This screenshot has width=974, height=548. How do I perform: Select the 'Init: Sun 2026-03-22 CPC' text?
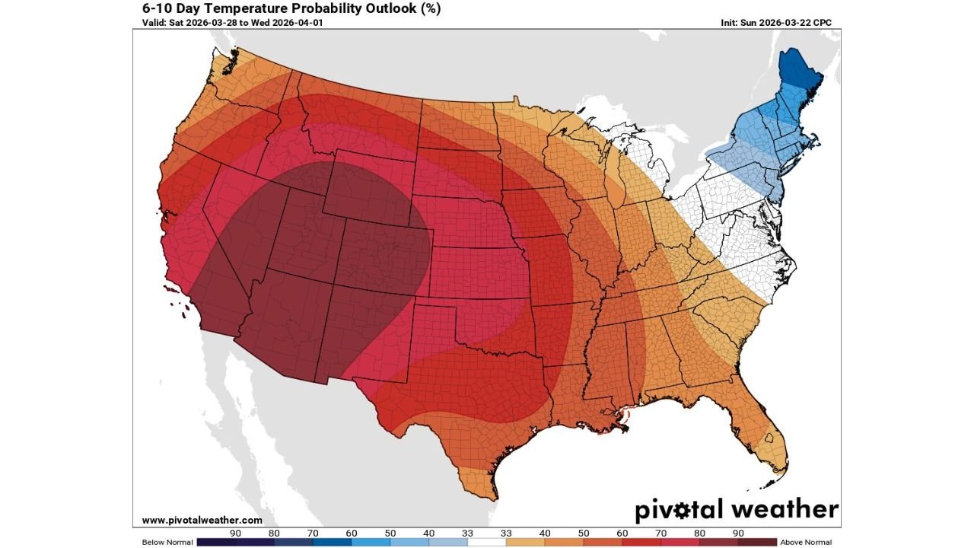tap(776, 23)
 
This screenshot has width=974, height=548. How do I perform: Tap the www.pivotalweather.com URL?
tap(202, 520)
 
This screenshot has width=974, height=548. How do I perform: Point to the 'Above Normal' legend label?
tap(806, 542)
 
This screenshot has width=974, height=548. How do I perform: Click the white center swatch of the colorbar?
tap(487, 542)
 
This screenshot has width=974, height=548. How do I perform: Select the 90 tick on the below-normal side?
tap(236, 533)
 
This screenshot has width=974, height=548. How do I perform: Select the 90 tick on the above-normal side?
tap(738, 533)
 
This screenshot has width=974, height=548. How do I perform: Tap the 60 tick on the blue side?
tap(352, 533)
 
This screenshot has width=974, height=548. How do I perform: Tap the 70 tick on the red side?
tap(660, 533)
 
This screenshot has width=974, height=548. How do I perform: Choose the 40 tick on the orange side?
tap(545, 533)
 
